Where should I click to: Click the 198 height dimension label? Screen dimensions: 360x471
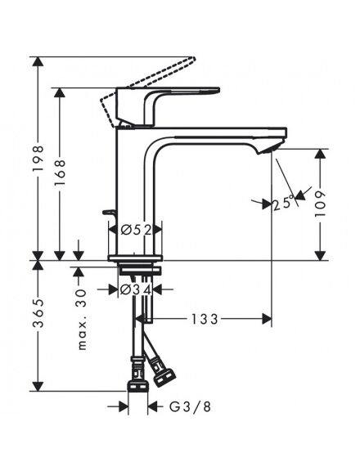pos(38,159)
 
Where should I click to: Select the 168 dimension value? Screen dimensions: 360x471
pos(60,172)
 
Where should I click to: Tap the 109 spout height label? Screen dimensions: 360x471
pos(321,204)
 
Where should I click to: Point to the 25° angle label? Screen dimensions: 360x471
pos(283,203)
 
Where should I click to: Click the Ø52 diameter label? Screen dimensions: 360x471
pos(136,231)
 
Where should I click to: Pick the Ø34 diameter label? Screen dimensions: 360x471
pos(136,289)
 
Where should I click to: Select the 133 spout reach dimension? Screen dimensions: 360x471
pos(205,319)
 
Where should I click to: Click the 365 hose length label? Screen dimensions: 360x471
pos(38,313)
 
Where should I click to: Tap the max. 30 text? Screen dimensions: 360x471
pos(82,319)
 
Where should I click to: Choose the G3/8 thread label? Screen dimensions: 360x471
pos(190,406)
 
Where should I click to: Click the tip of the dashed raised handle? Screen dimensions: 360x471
pos(195,58)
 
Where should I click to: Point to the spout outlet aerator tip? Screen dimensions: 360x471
pos(268,150)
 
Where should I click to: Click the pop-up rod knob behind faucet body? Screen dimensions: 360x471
pos(109,213)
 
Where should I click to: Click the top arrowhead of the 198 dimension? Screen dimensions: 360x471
pos(38,61)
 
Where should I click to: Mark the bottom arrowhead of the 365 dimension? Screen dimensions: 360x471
pos(38,386)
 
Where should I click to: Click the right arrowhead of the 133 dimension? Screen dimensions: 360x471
pos(267,319)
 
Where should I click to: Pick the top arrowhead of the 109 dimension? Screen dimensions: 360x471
pos(321,154)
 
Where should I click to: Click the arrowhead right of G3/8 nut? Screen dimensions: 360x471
pos(153,407)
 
